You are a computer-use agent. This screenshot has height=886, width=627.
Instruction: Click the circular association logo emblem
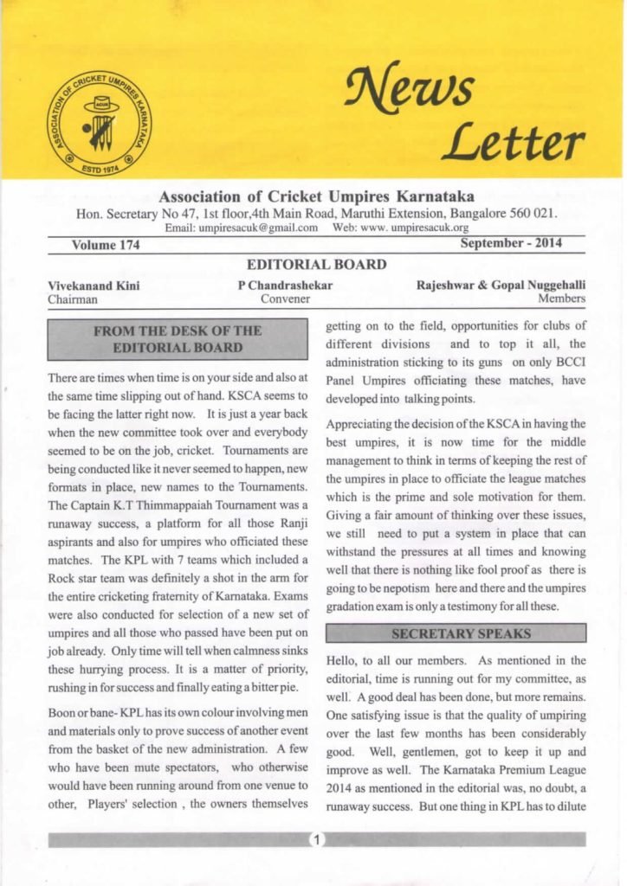point(97,122)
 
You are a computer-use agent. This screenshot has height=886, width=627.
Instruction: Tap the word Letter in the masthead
point(513,142)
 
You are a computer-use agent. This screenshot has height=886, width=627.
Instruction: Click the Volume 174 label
point(106,245)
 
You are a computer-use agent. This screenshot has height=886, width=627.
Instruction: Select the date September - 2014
point(510,243)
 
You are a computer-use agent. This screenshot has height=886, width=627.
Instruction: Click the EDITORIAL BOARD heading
point(316,265)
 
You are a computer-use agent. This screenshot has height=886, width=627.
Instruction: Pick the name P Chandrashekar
point(285,285)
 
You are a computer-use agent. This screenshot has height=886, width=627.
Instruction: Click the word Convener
point(285,299)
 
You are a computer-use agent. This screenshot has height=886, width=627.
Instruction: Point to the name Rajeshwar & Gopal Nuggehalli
point(501,285)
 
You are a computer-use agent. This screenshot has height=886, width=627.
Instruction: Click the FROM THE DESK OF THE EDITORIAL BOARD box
point(178,339)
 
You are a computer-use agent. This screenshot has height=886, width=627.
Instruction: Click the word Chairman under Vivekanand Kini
point(73,299)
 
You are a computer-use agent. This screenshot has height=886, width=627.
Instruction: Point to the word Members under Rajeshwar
point(561,299)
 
